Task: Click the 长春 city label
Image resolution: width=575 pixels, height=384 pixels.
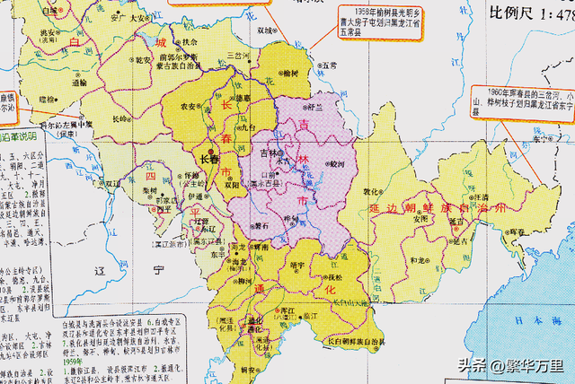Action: tap(208, 159)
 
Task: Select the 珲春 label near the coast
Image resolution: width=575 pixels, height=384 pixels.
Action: tap(517, 231)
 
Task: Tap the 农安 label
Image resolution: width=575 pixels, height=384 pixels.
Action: tap(190, 106)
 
